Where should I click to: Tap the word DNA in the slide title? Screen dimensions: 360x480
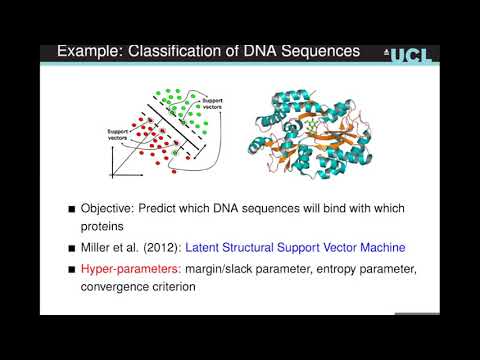click(253, 51)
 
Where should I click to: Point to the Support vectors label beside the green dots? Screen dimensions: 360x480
click(213, 103)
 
